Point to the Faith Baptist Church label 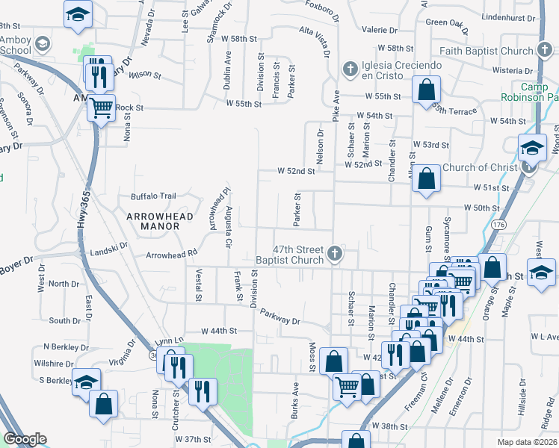487,52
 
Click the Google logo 25,439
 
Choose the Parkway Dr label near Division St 279,316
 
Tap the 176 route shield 499,224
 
